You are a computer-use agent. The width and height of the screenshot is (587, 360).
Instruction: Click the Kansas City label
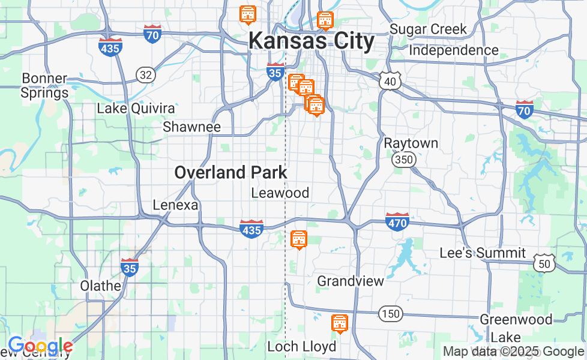(312, 41)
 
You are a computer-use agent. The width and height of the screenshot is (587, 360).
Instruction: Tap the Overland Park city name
(230, 173)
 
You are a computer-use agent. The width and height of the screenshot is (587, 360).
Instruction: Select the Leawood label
(280, 193)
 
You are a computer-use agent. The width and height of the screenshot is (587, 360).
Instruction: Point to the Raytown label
(411, 143)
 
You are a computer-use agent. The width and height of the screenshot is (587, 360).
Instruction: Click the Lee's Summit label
(483, 253)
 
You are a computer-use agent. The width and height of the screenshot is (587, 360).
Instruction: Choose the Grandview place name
(351, 281)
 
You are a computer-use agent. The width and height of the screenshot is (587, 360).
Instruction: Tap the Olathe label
(101, 286)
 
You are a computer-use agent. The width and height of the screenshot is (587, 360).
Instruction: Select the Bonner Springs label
(44, 86)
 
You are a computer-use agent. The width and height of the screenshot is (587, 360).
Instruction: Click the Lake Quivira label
(136, 109)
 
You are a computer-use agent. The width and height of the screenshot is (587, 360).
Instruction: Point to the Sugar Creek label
(428, 29)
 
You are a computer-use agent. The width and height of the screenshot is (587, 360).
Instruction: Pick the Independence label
(454, 50)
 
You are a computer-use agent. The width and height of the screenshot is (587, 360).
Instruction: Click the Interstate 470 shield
(397, 221)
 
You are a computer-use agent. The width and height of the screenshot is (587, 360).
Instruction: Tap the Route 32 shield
(145, 74)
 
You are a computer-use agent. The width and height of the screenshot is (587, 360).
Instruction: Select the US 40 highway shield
(390, 81)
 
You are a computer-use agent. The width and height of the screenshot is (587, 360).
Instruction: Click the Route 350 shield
(402, 160)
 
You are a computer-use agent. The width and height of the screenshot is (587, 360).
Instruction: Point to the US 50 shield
(544, 263)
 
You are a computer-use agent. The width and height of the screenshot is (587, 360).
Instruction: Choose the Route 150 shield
(391, 313)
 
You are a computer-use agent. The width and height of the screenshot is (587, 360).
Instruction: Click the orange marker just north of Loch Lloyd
(339, 323)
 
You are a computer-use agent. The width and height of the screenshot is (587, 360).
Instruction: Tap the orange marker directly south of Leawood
(298, 239)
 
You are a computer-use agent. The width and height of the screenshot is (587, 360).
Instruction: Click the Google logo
(40, 346)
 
